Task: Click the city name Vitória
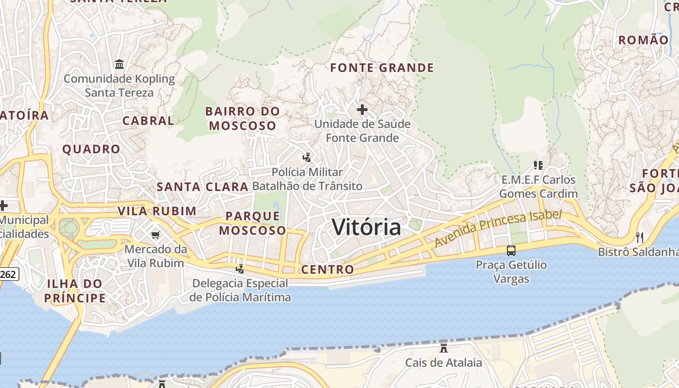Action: tap(367, 227)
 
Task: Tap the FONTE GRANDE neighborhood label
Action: tap(382, 68)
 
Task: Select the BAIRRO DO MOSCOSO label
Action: tap(242, 118)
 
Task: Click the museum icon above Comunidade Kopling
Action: tap(119, 64)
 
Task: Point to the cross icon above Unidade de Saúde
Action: tap(362, 110)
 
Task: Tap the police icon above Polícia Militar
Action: tap(307, 158)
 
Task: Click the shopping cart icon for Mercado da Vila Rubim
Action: tap(155, 235)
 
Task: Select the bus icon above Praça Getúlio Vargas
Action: tap(511, 251)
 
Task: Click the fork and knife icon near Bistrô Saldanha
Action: tap(640, 237)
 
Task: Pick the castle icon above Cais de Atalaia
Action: tap(443, 348)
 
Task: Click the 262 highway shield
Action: tap(9, 275)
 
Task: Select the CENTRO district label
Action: tap(327, 270)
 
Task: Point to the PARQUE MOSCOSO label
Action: tap(253, 223)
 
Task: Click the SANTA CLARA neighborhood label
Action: tap(202, 187)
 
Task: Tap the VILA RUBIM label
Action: tap(157, 211)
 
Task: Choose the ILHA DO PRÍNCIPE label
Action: tap(75, 291)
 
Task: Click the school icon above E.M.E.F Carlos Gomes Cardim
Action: tap(538, 165)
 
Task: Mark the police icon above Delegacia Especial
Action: tap(240, 269)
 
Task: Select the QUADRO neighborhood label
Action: tap(91, 149)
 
